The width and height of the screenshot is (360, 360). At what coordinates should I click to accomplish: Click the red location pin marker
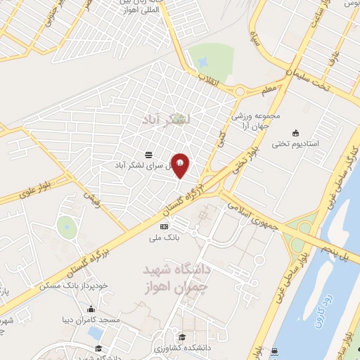click(180, 165)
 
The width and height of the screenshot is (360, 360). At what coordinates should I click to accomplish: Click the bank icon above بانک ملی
click(164, 226)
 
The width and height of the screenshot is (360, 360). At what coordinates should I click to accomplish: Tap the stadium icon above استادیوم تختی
click(295, 132)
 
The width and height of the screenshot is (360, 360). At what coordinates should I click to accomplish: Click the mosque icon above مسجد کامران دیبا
click(91, 309)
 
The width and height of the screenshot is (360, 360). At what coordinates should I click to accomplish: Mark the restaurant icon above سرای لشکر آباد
click(148, 154)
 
